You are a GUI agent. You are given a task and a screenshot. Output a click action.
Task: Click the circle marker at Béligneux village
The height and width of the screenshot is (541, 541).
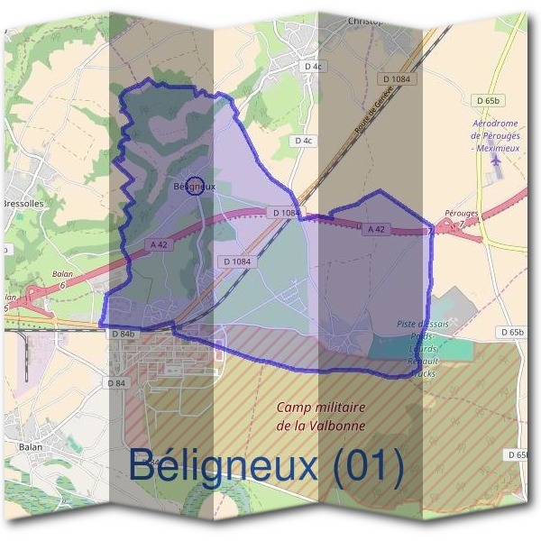tap(193, 186)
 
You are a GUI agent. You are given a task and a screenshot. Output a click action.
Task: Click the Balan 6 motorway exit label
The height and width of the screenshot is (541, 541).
tap(62, 279)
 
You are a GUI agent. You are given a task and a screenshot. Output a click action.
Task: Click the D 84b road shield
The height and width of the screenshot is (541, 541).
tap(124, 335)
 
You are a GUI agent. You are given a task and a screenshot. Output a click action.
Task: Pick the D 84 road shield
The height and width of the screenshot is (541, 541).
tap(115, 383)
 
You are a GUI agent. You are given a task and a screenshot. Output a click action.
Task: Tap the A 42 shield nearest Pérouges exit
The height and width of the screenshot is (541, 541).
tap(376, 230)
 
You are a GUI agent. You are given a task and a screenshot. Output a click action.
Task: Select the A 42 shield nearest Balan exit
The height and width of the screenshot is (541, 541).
tap(160, 244)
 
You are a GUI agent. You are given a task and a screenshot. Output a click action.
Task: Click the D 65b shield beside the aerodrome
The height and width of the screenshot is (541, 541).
tap(485, 100)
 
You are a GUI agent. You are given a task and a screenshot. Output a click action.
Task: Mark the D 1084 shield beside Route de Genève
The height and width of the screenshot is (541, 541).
tap(396, 79)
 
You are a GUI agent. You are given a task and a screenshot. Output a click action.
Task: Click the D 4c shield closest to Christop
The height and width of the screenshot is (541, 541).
tap(313, 67)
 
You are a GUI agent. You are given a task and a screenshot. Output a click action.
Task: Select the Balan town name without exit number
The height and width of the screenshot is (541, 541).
tap(31, 445)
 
